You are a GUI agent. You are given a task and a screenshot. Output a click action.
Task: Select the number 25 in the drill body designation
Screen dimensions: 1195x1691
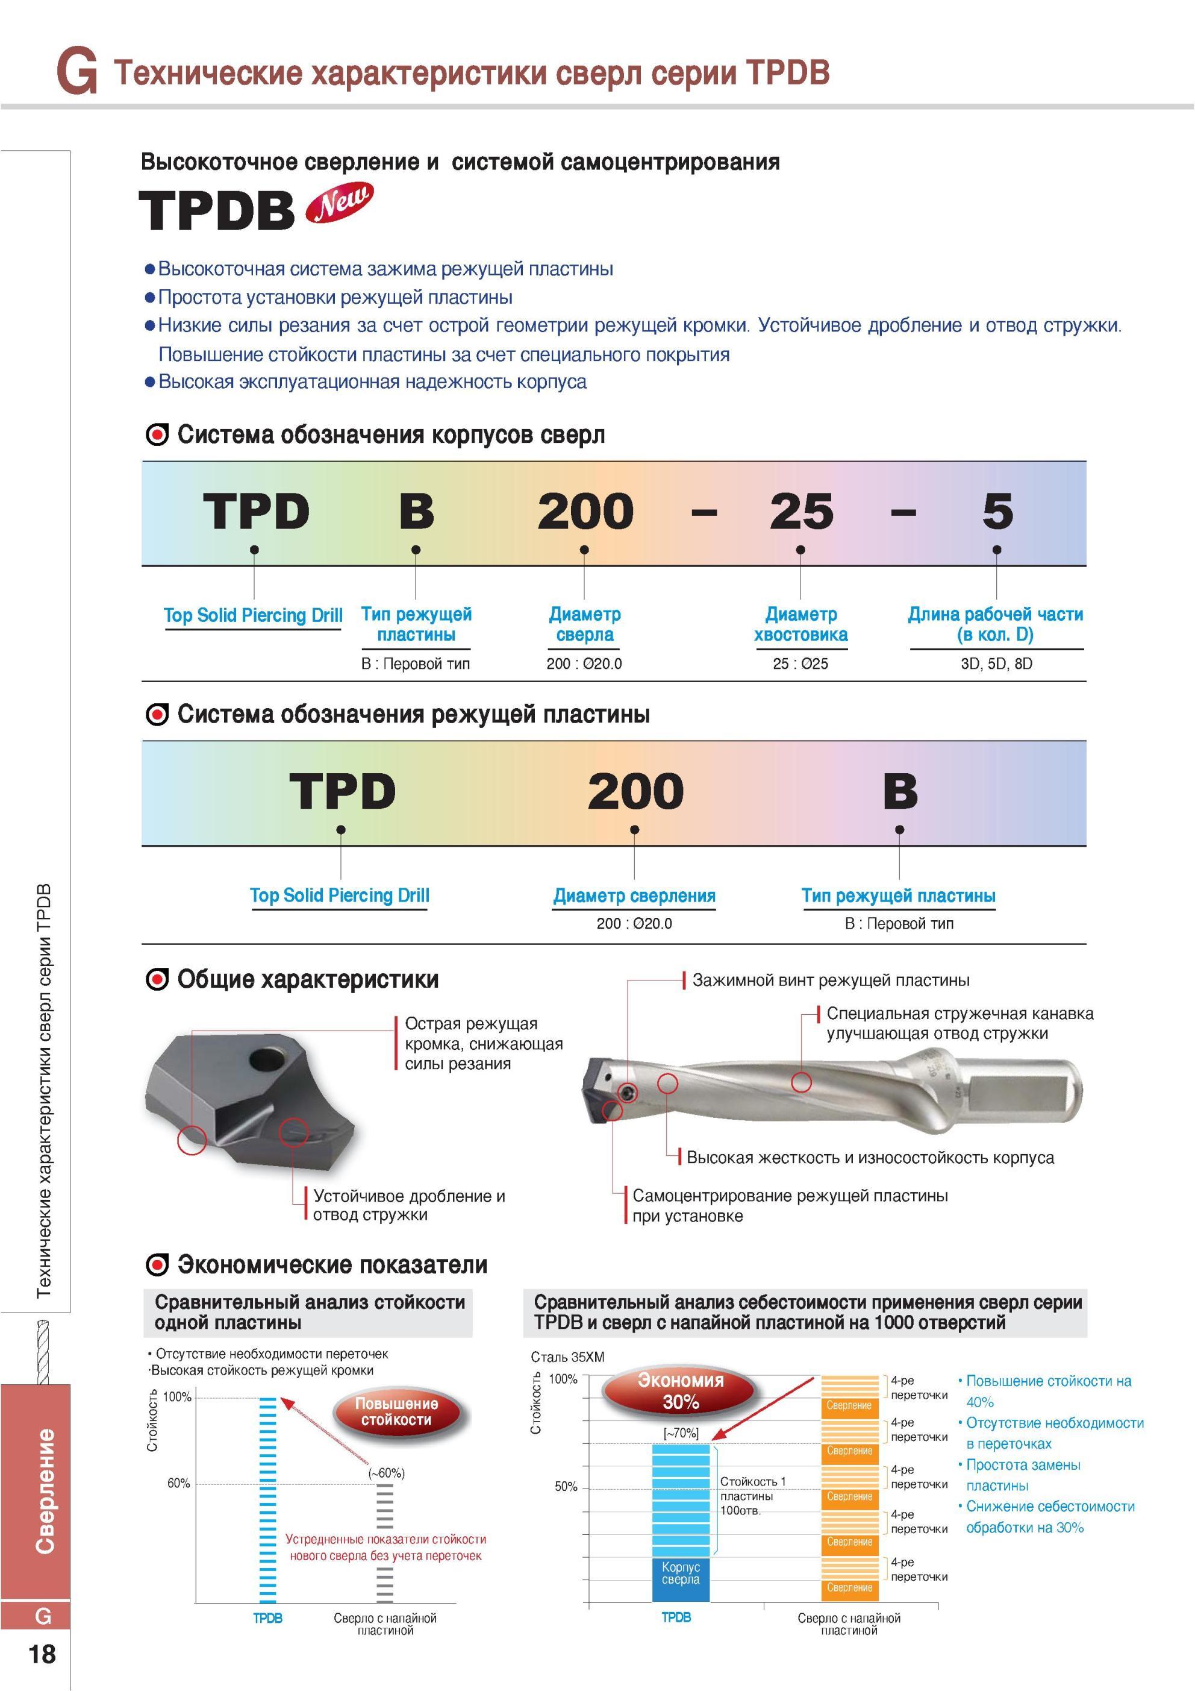click(x=801, y=511)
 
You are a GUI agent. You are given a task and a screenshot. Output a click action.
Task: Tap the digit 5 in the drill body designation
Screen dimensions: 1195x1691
click(x=997, y=511)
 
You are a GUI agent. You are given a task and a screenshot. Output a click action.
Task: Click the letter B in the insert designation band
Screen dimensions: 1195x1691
click(x=900, y=791)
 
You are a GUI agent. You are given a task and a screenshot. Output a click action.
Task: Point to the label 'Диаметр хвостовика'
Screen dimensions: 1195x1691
click(x=800, y=624)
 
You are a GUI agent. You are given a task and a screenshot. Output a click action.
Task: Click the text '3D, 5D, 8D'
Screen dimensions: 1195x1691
click(x=996, y=664)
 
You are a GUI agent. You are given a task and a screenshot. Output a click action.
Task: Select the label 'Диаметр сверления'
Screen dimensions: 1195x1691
click(x=634, y=896)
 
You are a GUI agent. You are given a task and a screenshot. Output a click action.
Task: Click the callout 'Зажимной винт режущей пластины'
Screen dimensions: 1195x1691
click(x=831, y=980)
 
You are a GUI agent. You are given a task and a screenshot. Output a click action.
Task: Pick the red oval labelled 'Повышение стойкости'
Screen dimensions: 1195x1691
click(x=396, y=1411)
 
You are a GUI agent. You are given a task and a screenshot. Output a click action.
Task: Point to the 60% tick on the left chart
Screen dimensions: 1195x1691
click(x=178, y=1482)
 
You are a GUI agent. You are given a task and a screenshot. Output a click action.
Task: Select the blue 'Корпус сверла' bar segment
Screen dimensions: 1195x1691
click(x=681, y=1579)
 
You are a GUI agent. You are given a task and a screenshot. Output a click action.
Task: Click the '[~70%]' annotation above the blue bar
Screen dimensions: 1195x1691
click(x=681, y=1433)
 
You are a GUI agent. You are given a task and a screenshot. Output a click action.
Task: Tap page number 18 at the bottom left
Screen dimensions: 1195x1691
click(x=42, y=1654)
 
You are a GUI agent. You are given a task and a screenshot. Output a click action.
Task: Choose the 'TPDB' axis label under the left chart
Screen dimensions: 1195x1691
click(x=267, y=1618)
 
